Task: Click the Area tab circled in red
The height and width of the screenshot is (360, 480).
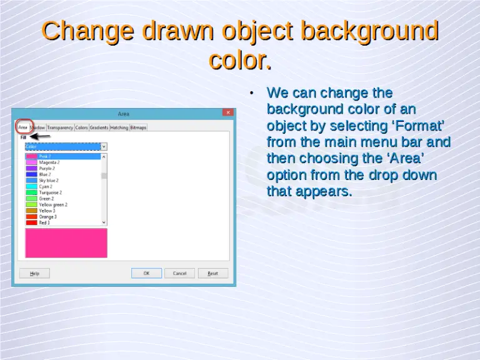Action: click(x=22, y=127)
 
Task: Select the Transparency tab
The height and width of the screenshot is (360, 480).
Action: click(x=60, y=127)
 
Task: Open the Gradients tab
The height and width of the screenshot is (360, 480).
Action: click(x=99, y=127)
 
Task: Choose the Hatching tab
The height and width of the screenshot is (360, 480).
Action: click(x=119, y=127)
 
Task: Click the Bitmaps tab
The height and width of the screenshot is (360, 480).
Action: click(x=138, y=127)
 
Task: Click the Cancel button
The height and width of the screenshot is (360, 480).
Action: click(x=179, y=273)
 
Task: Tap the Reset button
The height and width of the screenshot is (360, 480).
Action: click(x=213, y=273)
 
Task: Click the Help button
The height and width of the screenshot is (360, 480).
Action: click(x=34, y=273)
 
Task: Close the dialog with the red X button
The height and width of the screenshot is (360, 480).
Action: click(x=228, y=113)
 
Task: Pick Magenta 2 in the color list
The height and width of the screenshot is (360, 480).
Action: click(x=49, y=162)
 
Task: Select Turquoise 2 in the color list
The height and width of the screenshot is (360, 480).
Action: click(x=51, y=192)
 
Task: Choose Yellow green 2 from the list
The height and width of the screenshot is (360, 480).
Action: click(x=53, y=204)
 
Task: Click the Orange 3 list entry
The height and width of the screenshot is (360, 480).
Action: click(x=48, y=217)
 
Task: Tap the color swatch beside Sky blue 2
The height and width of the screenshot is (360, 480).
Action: click(x=31, y=181)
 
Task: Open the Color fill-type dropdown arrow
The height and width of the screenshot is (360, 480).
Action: click(x=104, y=146)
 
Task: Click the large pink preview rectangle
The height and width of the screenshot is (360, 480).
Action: click(x=66, y=242)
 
